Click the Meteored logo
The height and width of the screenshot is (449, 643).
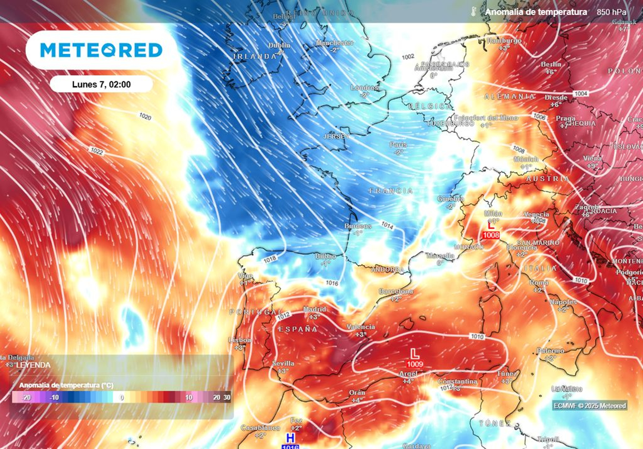(101, 50)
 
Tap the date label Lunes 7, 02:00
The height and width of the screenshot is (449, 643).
(101, 84)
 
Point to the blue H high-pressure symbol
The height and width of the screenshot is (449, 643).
(290, 438)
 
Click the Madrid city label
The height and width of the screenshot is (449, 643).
(315, 309)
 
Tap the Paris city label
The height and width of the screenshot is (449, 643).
(398, 144)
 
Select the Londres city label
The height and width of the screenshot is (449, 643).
(365, 87)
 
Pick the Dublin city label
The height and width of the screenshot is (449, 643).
(279, 45)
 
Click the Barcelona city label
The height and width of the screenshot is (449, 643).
(396, 291)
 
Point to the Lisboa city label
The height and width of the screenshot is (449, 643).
(240, 340)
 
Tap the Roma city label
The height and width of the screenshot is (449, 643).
(539, 282)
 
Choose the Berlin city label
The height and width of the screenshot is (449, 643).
(551, 64)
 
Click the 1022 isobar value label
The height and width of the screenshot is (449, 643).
(96, 151)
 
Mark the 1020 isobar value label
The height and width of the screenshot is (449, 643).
(145, 117)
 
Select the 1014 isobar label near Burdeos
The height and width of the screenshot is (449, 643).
(387, 225)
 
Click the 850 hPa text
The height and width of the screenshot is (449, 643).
(611, 12)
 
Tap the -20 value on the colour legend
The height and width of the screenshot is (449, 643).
(27, 398)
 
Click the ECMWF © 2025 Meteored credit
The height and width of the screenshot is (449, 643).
(590, 406)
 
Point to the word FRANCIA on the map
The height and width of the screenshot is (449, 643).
(391, 191)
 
